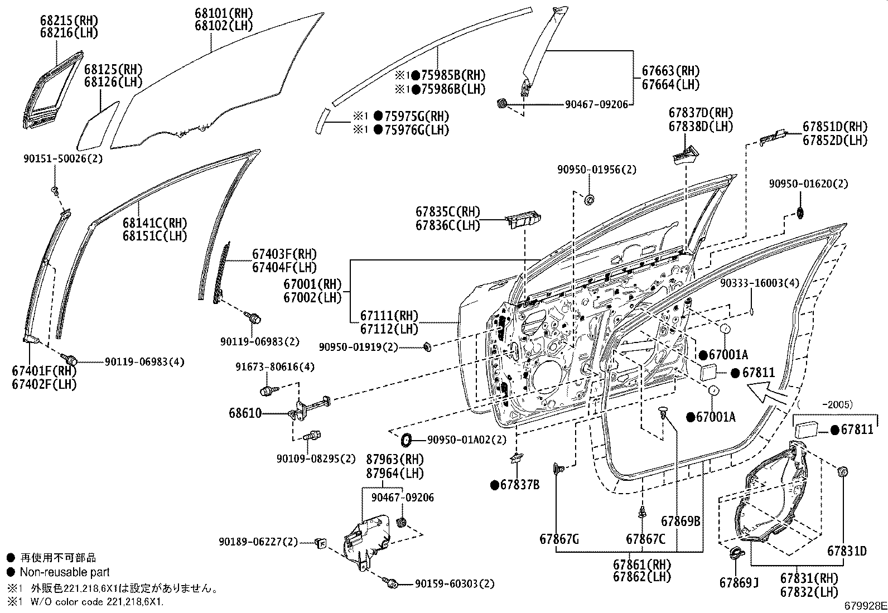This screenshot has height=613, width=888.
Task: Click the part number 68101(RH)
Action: click(x=223, y=13)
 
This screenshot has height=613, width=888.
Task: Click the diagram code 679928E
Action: click(x=865, y=605)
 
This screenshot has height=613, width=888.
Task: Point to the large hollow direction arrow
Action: click(x=769, y=396)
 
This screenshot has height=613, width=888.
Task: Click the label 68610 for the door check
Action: click(x=245, y=414)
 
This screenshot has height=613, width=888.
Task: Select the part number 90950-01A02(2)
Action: click(x=467, y=440)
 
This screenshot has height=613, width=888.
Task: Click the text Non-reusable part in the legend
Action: click(x=64, y=572)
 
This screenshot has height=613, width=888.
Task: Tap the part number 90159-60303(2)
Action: click(x=455, y=583)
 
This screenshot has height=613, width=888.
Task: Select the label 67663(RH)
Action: click(x=670, y=71)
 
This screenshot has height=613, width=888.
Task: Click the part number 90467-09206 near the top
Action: click(x=596, y=104)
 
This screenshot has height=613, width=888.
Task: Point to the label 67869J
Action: click(x=739, y=583)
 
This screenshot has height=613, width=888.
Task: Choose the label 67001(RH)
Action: click(x=312, y=284)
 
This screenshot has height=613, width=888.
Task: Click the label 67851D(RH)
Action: click(x=835, y=127)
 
